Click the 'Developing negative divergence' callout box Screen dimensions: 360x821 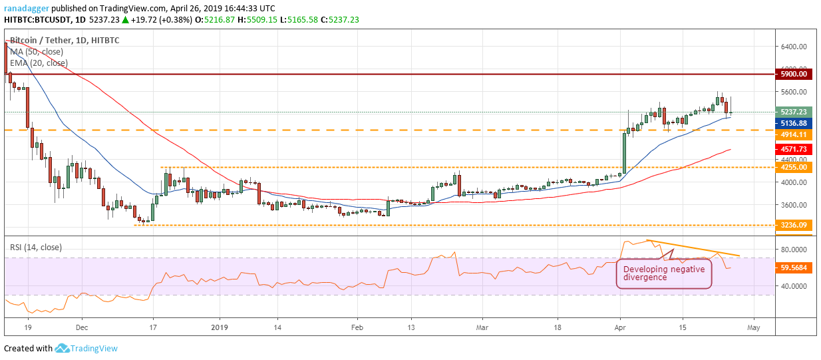(663, 273)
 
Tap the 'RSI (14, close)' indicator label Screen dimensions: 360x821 (35, 248)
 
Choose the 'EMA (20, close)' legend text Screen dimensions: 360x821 (39, 63)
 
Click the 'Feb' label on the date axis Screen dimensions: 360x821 (357, 328)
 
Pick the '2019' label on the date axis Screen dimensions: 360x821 (219, 328)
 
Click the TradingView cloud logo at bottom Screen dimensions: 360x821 (63, 348)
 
